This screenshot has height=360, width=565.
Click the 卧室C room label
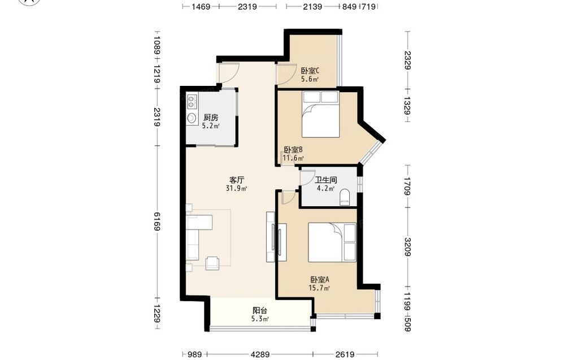[310, 71]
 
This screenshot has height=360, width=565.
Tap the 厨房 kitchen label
[211, 118]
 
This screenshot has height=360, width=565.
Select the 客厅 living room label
[237, 180]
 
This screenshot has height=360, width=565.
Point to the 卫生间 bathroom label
[326, 180]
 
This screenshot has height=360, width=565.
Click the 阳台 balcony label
[260, 311]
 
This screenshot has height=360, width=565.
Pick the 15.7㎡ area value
[319, 288]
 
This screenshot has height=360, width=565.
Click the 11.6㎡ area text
[293, 158]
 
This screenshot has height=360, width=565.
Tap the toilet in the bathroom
[345, 197]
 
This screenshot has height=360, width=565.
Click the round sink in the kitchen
[192, 118]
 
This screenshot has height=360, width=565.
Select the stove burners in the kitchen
[192, 101]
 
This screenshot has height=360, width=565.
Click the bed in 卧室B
[321, 114]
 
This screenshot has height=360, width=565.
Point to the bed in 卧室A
[332, 242]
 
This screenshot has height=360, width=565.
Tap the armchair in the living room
[212, 263]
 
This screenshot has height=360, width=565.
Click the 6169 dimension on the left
[157, 222]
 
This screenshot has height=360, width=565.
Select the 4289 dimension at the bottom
[260, 354]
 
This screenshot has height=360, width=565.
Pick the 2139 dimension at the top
[312, 6]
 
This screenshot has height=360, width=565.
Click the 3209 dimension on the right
[407, 247]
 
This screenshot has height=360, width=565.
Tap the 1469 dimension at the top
[201, 6]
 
